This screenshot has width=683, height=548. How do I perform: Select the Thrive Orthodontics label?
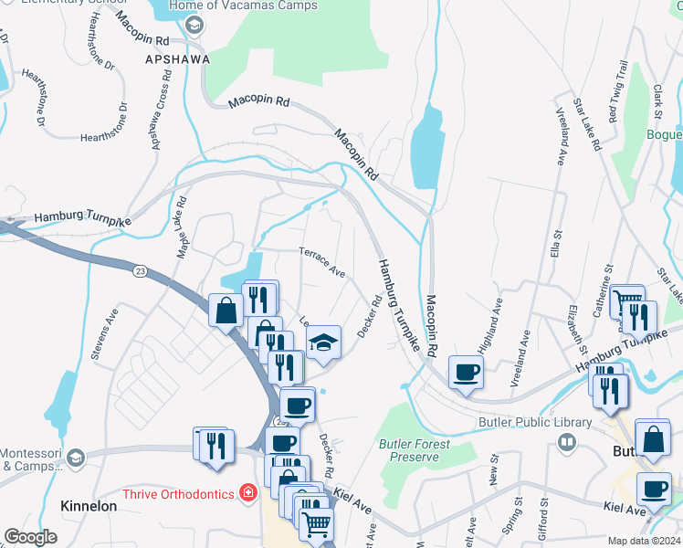173,493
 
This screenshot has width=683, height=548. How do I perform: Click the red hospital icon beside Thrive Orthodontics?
247,493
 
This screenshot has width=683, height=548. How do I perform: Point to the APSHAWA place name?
177,59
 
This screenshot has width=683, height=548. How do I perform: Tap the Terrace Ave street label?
322,261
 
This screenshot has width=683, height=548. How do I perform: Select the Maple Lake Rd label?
173,227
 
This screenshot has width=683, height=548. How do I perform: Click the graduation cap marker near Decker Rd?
322,343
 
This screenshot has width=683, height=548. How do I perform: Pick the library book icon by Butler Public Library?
566,443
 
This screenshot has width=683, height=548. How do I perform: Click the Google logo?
30,537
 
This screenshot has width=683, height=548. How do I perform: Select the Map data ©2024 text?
644,541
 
